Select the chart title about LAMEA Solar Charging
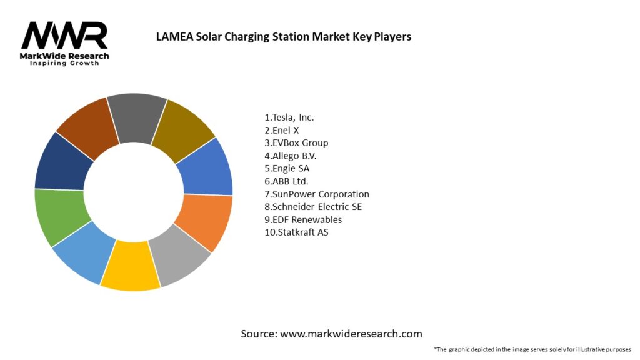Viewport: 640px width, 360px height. pyautogui.click(x=283, y=36)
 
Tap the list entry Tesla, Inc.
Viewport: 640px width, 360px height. pyautogui.click(x=289, y=117)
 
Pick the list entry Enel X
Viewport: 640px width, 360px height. pyautogui.click(x=282, y=130)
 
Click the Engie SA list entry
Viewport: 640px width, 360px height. pyautogui.click(x=287, y=168)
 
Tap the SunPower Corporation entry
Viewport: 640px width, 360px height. pyautogui.click(x=317, y=194)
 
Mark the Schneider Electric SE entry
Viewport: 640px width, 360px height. pyautogui.click(x=313, y=207)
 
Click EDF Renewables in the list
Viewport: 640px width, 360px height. pyautogui.click(x=303, y=220)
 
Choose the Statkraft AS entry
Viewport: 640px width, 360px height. pyautogui.click(x=296, y=232)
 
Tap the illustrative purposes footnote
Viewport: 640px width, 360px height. pyautogui.click(x=532, y=349)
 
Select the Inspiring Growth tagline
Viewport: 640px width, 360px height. pyautogui.click(x=64, y=64)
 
